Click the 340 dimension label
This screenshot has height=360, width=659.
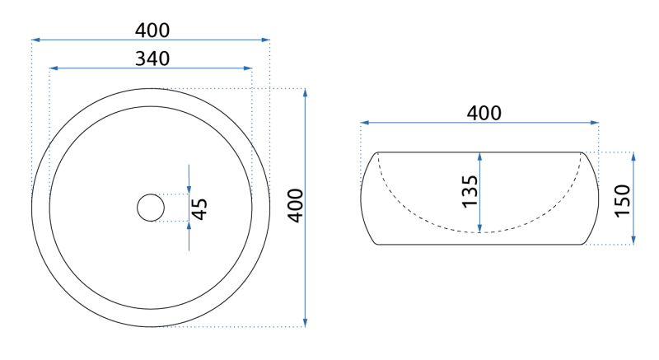click(x=152, y=58)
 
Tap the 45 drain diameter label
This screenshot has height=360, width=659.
click(x=199, y=208)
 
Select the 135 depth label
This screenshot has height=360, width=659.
click(x=470, y=191)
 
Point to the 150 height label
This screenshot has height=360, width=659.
click(x=623, y=201)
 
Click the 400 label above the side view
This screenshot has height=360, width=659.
click(x=484, y=113)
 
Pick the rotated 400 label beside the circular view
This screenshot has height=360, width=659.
click(x=296, y=205)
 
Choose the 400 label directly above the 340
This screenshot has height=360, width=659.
click(x=152, y=30)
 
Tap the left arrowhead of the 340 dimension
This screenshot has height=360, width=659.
click(x=54, y=68)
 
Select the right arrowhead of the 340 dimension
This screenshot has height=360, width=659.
click(x=248, y=68)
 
